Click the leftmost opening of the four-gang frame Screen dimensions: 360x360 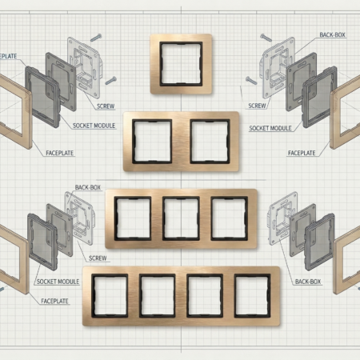click(x=108, y=294)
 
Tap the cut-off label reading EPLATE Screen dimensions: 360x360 click(x=8, y=55)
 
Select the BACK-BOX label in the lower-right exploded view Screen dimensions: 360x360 click(x=307, y=282)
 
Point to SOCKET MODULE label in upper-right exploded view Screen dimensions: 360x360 click(x=270, y=128)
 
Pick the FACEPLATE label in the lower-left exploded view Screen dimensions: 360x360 click(x=54, y=301)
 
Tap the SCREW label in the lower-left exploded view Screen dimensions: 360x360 click(x=98, y=258)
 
